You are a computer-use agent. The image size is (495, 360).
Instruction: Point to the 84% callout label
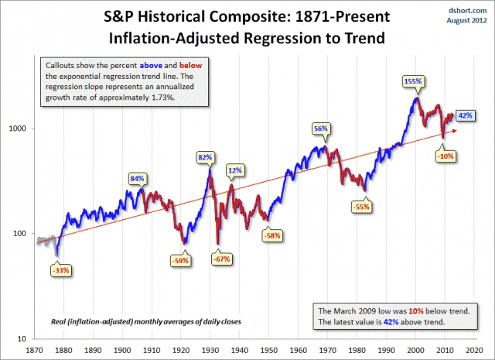pyautogui.click(x=138, y=179)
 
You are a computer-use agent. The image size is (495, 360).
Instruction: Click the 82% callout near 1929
pyautogui.click(x=205, y=157)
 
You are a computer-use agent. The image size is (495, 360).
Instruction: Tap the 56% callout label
pyautogui.click(x=319, y=129)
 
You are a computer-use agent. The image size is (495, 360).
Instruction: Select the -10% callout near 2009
pyautogui.click(x=445, y=156)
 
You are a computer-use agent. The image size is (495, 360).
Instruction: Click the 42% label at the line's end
pyautogui.click(x=466, y=115)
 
